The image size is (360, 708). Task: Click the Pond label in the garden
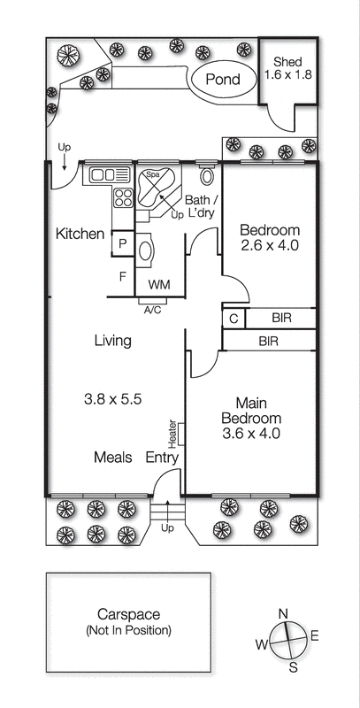(x=223, y=80)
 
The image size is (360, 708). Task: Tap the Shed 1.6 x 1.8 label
(x=287, y=68)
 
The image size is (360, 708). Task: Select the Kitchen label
(x=80, y=234)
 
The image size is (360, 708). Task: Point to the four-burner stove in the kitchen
(x=123, y=197)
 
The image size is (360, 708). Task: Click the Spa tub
(x=156, y=188)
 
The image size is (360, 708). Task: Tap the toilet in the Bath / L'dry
(x=207, y=175)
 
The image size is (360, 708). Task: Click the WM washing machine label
(x=159, y=285)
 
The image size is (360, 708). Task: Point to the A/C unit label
(x=152, y=311)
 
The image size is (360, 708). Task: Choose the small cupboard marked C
(x=234, y=319)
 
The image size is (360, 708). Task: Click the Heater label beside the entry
(x=172, y=434)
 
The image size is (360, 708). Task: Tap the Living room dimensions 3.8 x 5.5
(x=113, y=399)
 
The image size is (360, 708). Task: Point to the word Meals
(x=113, y=457)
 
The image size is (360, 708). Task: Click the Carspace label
(x=128, y=614)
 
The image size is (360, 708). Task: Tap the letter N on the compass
(x=283, y=614)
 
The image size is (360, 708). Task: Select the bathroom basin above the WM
(x=145, y=251)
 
